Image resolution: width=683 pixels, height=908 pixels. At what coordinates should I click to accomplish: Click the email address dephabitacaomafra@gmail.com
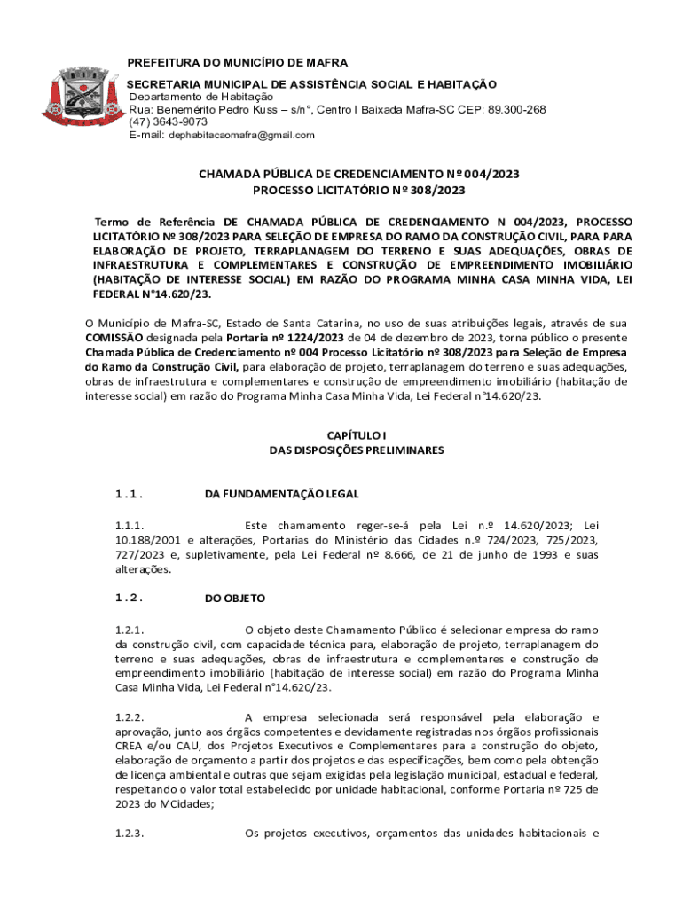coord(241,135)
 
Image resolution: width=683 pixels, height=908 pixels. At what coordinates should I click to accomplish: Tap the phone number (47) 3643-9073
coord(169,121)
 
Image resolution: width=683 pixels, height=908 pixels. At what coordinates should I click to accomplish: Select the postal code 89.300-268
coord(512,109)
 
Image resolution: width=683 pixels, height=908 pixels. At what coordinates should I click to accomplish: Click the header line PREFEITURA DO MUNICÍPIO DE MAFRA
coord(238,63)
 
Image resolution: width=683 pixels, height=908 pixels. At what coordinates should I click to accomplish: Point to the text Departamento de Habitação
coord(201,97)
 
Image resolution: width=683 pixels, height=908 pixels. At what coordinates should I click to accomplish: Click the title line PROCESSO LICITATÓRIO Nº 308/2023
coord(358,190)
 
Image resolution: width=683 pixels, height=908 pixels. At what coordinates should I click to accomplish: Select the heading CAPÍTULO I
coord(358,435)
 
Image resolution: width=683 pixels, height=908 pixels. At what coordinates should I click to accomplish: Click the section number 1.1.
coord(130,494)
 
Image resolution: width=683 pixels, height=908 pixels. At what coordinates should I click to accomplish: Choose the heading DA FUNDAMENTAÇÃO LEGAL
coord(281,494)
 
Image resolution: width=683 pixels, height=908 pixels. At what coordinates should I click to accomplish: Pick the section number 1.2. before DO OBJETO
coord(130,599)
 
